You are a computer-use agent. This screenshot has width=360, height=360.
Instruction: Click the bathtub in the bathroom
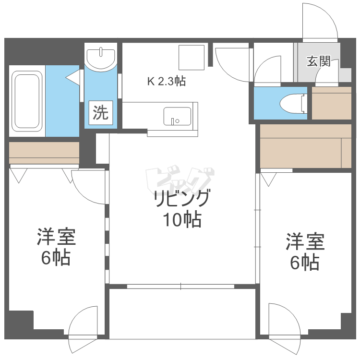(x=27, y=101)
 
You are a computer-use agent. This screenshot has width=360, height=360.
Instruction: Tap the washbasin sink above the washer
(x=101, y=58)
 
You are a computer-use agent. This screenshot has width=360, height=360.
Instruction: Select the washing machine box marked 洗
(x=101, y=112)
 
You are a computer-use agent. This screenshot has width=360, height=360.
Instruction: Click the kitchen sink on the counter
(x=177, y=116)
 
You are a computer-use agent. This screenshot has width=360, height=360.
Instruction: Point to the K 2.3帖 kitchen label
(x=167, y=81)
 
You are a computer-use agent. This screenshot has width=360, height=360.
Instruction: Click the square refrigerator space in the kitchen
(x=192, y=58)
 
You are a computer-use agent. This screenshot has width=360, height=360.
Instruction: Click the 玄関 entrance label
(x=319, y=61)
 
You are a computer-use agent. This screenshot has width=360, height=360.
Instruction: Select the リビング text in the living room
(x=182, y=198)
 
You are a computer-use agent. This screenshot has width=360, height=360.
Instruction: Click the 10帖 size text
(x=182, y=219)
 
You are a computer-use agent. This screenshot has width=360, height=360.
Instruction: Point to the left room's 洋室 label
(x=57, y=237)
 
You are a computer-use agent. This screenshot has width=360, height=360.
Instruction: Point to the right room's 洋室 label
(x=305, y=241)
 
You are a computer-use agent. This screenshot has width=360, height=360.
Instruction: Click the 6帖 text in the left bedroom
(x=56, y=258)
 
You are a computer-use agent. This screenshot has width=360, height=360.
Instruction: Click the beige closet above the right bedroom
(x=306, y=146)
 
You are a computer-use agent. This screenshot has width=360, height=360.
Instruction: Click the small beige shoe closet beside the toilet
(x=332, y=103)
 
